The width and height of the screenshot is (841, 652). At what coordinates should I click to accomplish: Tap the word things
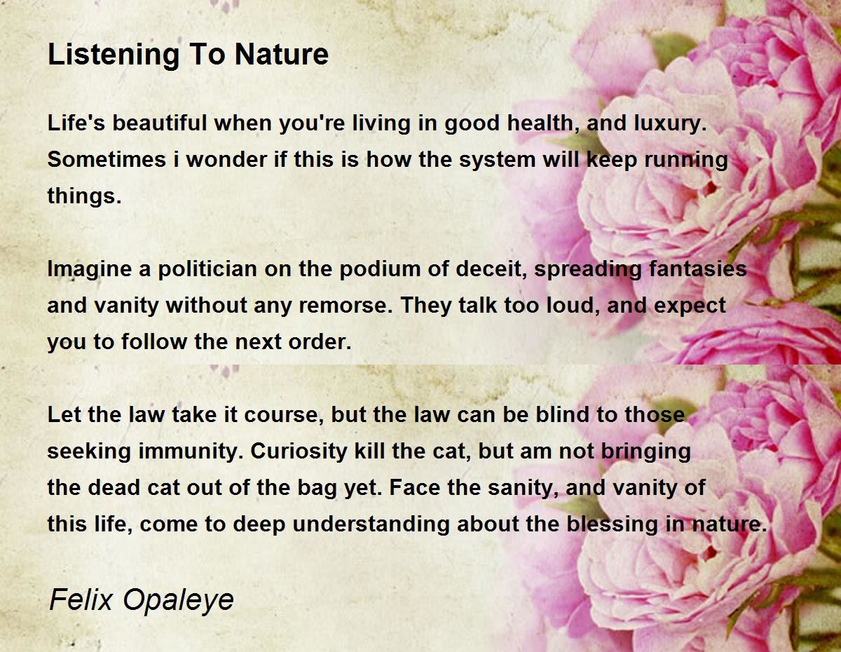84,196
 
